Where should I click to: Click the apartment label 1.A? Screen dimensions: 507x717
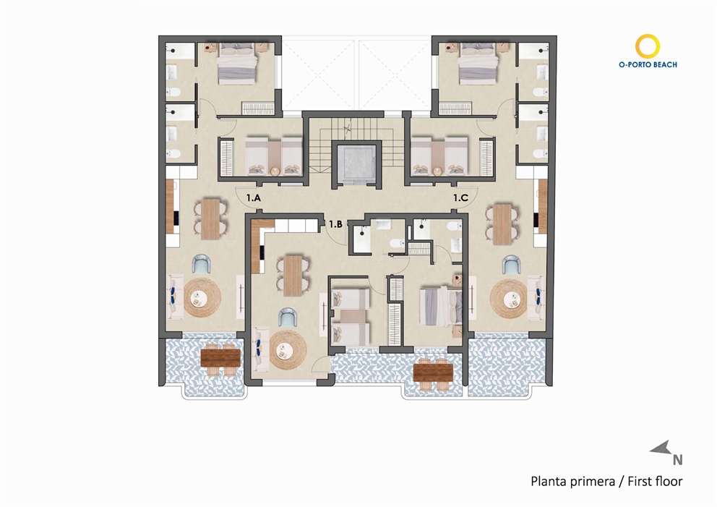253,197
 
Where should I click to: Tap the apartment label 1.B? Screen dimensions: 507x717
335,224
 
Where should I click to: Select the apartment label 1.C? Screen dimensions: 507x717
460,197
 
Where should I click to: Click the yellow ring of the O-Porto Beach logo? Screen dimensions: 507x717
648,46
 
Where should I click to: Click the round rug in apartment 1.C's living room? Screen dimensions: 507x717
509,298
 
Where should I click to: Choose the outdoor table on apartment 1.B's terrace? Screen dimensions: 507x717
433,372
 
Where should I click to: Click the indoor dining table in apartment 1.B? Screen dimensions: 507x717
293,275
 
